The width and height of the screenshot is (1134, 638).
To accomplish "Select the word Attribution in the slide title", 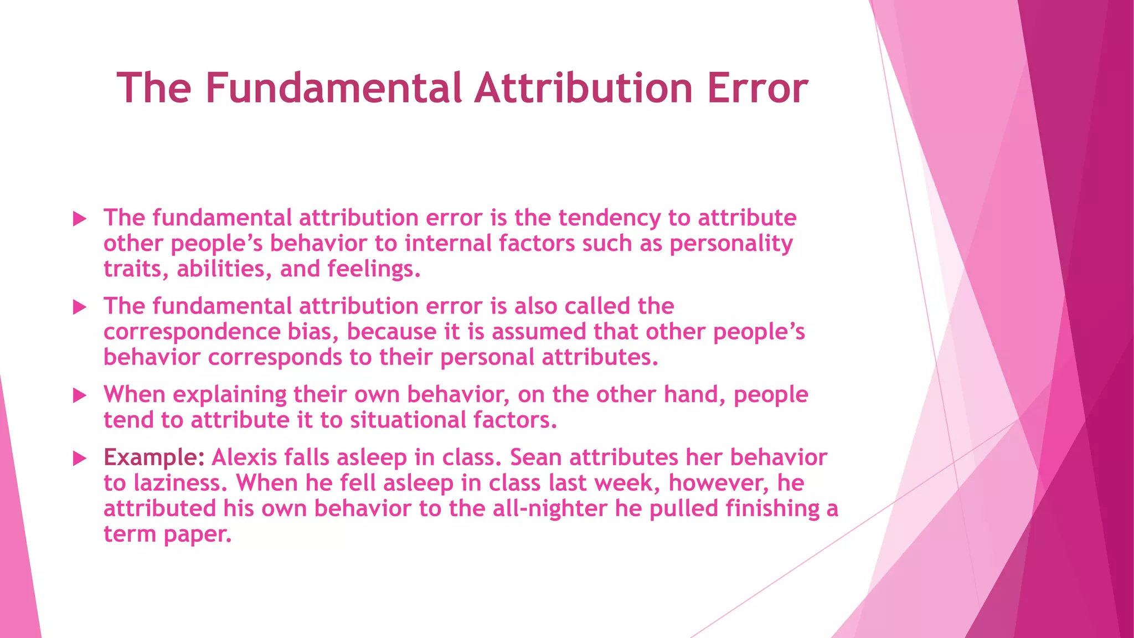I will pyautogui.click(x=584, y=88).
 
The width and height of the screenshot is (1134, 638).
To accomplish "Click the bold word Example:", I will pyautogui.click(x=154, y=458).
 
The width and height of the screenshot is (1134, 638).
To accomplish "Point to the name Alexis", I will pyautogui.click(x=244, y=458).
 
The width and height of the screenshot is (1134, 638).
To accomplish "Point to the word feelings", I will pyautogui.click(x=374, y=270).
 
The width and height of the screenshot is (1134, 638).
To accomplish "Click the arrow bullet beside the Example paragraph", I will pyautogui.click(x=80, y=459).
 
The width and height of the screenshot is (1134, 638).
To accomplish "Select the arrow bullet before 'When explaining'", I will pyautogui.click(x=80, y=395).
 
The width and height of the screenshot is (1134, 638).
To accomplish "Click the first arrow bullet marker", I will pyautogui.click(x=80, y=219).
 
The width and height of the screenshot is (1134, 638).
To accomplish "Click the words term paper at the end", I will pyautogui.click(x=167, y=534).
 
